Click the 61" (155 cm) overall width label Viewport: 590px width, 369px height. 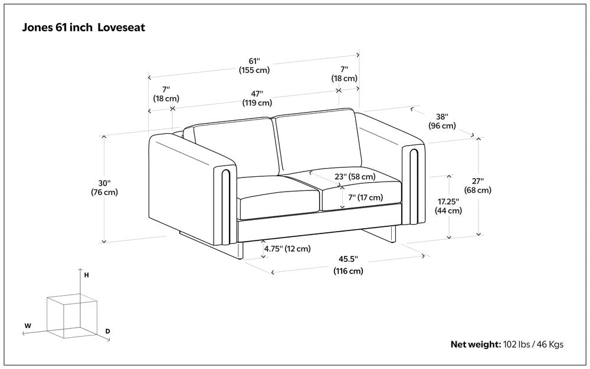254,65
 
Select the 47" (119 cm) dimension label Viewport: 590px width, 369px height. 257,98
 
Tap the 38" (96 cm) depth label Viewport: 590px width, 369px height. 442,121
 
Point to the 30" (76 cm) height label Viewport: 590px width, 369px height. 104,187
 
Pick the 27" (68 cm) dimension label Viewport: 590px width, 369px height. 478,186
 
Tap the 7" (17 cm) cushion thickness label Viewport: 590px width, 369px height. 365,197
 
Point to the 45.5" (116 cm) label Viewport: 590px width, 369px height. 348,265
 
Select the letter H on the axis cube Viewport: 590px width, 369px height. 86,275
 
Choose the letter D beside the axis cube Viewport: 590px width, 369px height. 107,331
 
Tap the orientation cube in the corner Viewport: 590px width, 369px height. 71,316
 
